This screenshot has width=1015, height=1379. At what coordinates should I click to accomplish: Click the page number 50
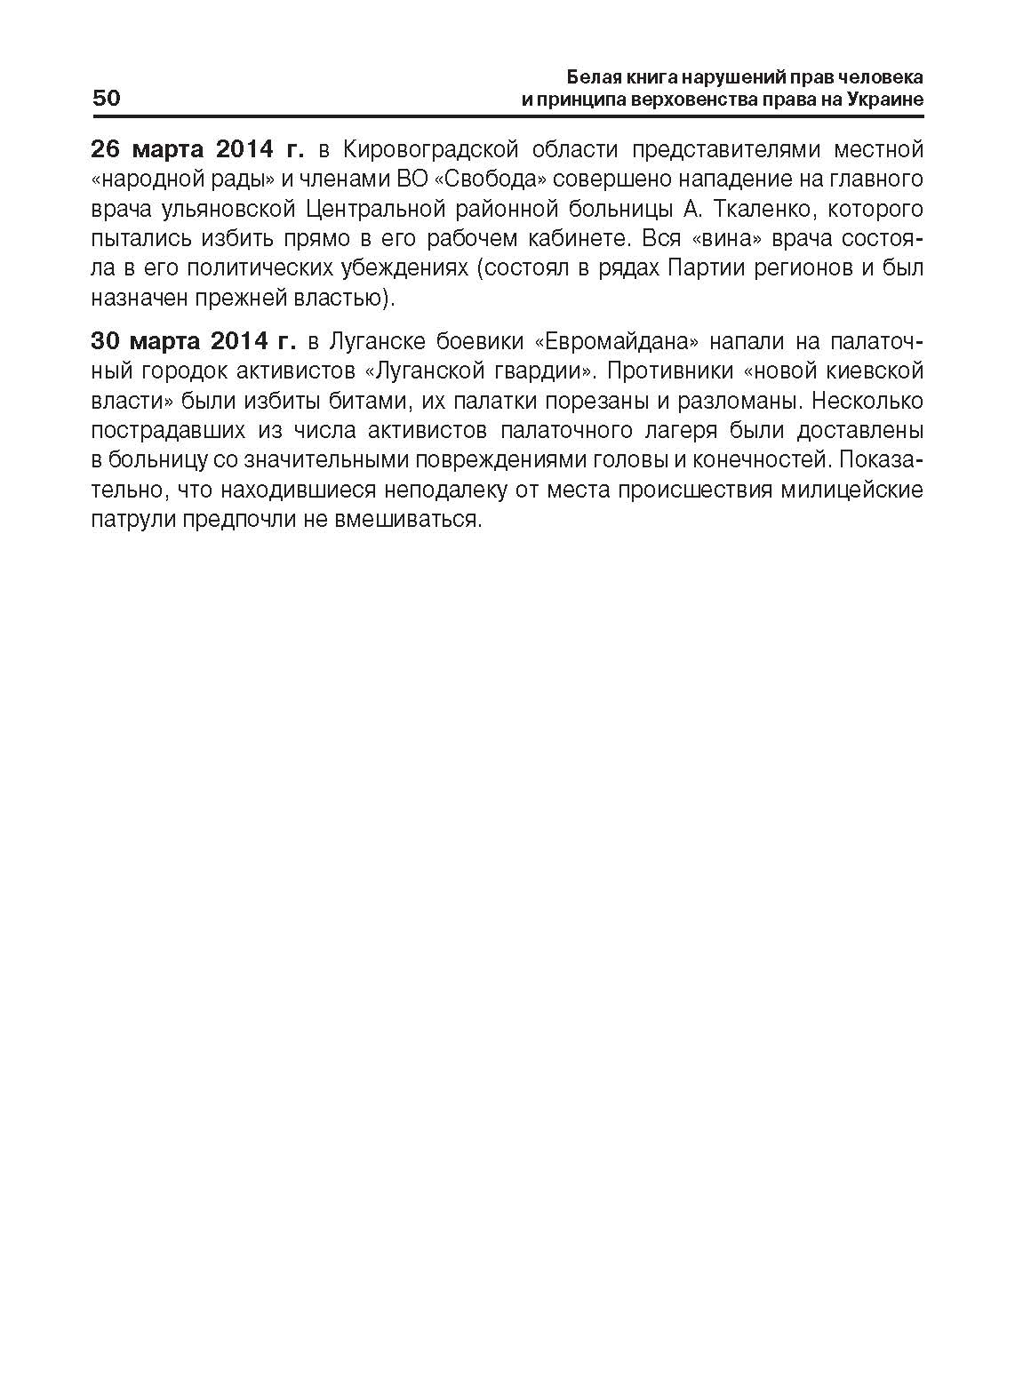point(107,98)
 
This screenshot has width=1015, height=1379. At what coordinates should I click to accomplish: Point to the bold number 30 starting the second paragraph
point(107,340)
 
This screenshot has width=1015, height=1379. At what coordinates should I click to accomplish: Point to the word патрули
point(132,520)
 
